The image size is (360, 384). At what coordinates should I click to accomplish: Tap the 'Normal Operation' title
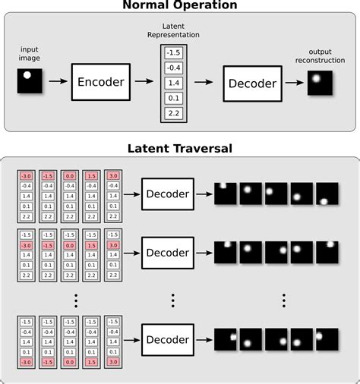[x=180, y=6]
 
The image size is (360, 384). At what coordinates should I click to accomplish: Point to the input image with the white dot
[x=30, y=81]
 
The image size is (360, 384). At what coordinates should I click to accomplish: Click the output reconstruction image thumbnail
[x=319, y=82]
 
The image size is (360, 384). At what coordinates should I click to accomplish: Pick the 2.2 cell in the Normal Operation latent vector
[x=172, y=113]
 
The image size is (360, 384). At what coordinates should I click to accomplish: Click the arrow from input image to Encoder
[x=57, y=83]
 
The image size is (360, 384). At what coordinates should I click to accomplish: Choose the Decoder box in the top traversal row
[x=168, y=196]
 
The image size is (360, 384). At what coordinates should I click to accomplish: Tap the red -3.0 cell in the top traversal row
[x=27, y=175]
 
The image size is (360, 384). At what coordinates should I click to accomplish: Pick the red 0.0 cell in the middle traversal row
[x=70, y=245]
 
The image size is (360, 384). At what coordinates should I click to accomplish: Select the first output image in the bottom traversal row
[x=226, y=338]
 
